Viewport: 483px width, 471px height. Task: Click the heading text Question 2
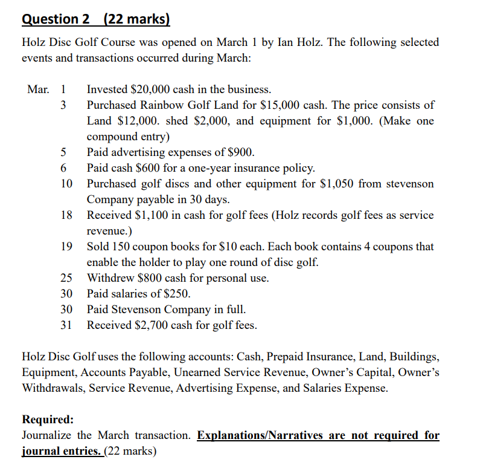coord(55,19)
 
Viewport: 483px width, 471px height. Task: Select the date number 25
coord(66,278)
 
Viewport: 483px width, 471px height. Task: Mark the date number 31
coord(66,325)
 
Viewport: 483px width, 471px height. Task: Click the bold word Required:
coord(48,420)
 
